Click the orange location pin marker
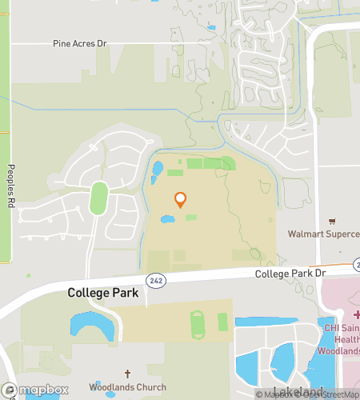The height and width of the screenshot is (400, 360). click(180, 200)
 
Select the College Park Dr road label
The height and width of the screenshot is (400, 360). click(292, 274)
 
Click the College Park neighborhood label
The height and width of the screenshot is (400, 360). click(102, 293)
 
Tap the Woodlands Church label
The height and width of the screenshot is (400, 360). click(127, 387)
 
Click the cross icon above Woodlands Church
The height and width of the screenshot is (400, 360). click(127, 374)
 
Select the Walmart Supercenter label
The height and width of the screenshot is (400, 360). click(324, 234)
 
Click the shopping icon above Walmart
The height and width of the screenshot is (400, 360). click(333, 221)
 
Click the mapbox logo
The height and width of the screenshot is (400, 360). click(34, 390)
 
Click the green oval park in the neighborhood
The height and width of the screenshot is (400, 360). click(99, 198)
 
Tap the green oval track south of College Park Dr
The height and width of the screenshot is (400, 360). click(198, 324)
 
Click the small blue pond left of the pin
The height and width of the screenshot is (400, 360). click(167, 218)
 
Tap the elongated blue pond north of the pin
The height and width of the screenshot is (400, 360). click(157, 170)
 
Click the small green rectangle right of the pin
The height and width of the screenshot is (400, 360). click(191, 217)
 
